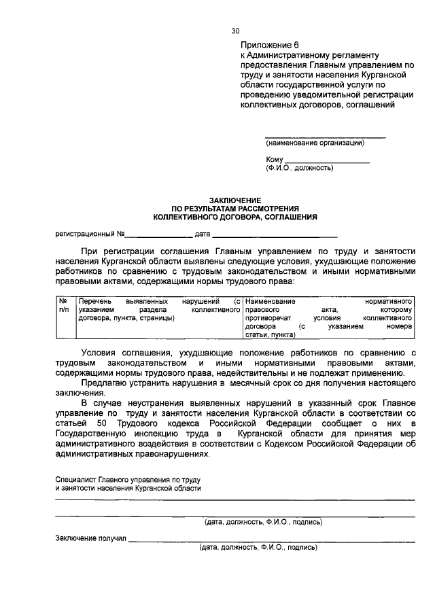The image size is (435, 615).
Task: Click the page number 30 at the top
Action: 236,31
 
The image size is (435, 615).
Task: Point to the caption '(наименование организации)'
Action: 315,143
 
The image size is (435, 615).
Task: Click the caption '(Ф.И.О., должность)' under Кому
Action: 300,168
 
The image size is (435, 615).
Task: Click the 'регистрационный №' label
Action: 88,234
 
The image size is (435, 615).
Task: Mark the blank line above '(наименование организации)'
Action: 324,137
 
